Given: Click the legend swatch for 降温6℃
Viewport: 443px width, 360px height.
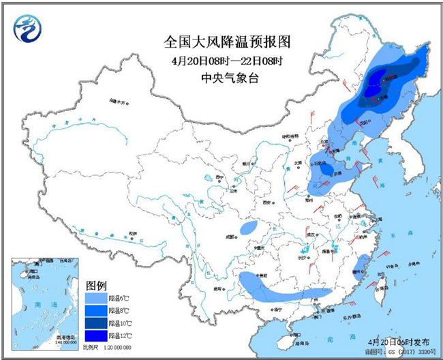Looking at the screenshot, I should [95, 299].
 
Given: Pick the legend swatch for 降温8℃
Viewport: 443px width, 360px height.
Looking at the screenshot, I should [95, 311].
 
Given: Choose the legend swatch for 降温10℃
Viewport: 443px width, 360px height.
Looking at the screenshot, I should [95, 323].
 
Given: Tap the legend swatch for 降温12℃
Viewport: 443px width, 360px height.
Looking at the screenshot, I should [95, 335].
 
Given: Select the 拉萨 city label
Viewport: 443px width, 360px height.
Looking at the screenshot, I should [132, 234].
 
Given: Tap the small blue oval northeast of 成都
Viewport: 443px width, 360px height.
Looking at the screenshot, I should [249, 227].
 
